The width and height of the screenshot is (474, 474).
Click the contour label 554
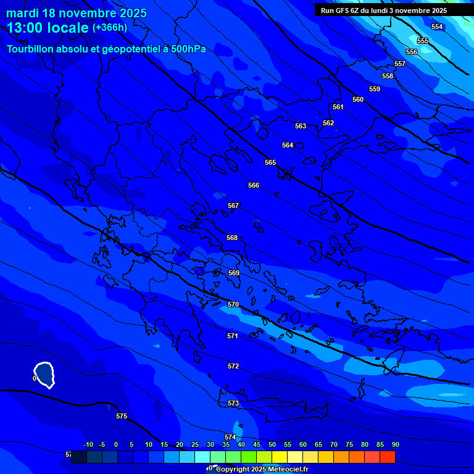(437, 27)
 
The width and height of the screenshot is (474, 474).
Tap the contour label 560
(358, 99)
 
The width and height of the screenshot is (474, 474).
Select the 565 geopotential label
(270, 162)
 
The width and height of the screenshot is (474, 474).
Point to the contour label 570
(233, 304)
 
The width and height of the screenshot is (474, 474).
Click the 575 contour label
(122, 416)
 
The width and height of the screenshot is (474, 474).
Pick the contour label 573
(233, 403)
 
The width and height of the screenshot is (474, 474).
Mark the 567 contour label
(233, 206)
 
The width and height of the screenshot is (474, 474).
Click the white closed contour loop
(44, 374)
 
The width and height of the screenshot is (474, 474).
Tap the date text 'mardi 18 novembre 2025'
(77, 13)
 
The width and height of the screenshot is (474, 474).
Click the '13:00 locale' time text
(48, 28)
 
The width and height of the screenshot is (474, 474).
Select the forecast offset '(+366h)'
(110, 28)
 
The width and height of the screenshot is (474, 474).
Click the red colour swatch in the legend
(387, 457)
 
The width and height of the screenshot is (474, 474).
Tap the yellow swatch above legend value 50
(279, 457)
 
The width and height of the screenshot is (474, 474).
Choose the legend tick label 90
(395, 444)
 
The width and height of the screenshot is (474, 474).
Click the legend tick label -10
(88, 444)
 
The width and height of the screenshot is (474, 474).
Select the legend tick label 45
(257, 444)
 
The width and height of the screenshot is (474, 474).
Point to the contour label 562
(328, 123)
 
